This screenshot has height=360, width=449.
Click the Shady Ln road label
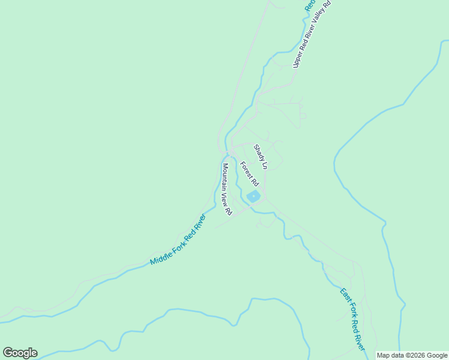pyautogui.click(x=260, y=156)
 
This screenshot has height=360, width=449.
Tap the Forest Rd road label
pyautogui.click(x=249, y=173)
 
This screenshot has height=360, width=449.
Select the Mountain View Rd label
pyautogui.click(x=226, y=189)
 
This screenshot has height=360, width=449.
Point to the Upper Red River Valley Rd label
pyautogui.click(x=312, y=34)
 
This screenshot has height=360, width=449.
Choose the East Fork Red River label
pyautogui.click(x=352, y=320)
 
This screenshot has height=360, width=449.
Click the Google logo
pyautogui.click(x=20, y=353)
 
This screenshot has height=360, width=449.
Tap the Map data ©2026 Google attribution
pyautogui.click(x=412, y=355)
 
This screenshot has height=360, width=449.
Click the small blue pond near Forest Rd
pyautogui.click(x=253, y=196)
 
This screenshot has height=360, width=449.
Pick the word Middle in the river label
pyautogui.click(x=160, y=257)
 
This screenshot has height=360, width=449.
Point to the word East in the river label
pyautogui.click(x=344, y=295)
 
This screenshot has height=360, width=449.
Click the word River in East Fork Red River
pyautogui.click(x=360, y=341)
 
